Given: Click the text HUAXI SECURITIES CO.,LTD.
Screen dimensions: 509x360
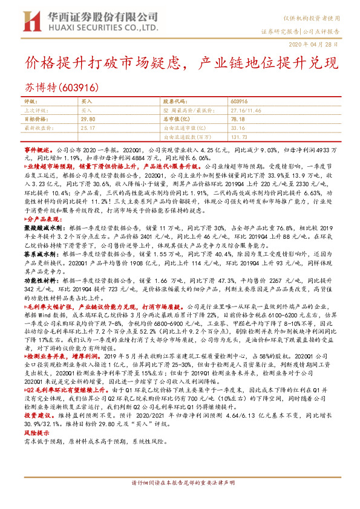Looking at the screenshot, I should pos(99,28).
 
